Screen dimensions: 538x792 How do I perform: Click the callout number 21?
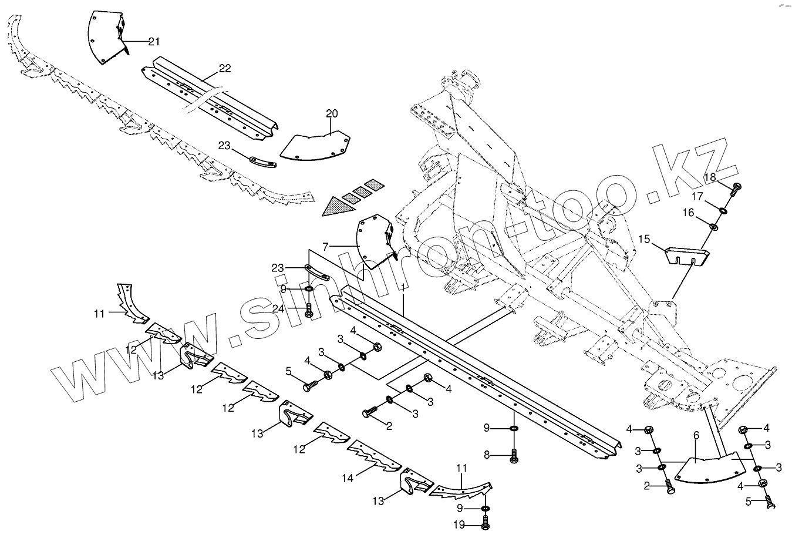[153, 41]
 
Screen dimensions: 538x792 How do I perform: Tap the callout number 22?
[224, 69]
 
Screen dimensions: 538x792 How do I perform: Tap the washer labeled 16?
[713, 226]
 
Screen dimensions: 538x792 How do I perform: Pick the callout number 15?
[644, 240]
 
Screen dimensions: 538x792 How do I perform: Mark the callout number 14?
[348, 478]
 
